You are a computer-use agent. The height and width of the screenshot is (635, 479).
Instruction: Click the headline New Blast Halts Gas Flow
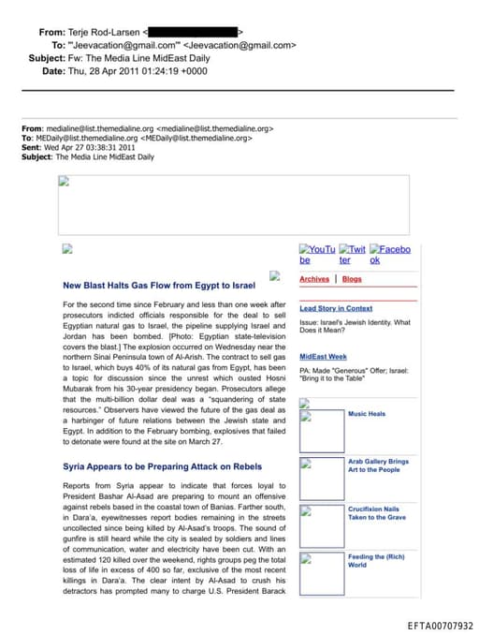click(158, 285)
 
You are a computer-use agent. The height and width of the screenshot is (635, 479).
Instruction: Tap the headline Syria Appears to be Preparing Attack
click(162, 465)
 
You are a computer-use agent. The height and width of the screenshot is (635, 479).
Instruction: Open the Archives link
click(314, 279)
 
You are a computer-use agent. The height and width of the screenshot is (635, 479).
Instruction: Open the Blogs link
click(352, 279)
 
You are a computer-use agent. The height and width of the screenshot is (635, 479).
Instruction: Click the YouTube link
click(316, 254)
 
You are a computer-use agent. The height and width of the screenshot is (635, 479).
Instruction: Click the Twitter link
click(352, 254)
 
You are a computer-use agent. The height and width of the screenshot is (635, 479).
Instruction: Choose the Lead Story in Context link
click(336, 308)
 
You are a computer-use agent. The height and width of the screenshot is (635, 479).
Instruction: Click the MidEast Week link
click(323, 357)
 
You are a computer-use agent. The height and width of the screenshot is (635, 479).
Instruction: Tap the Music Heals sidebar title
click(367, 414)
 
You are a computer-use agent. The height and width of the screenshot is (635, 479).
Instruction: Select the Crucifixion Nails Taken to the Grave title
click(377, 513)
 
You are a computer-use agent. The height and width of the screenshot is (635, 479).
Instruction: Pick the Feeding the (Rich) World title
click(375, 561)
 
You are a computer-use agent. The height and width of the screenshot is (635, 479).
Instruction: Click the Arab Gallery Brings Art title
click(378, 465)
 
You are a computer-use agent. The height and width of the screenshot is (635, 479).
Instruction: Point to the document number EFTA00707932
click(441, 626)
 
